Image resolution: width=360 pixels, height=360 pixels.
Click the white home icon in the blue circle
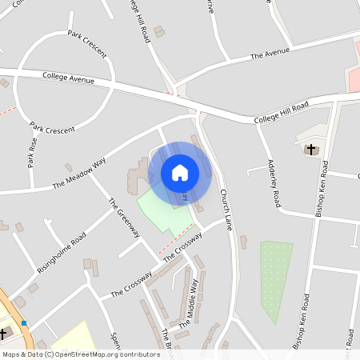[180, 173]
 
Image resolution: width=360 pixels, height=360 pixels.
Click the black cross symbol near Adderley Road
[311, 149]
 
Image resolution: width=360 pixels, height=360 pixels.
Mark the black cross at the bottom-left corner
[3, 334]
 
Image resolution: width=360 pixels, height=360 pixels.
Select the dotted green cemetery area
[276, 280]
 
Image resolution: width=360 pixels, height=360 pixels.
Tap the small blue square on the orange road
[26, 323]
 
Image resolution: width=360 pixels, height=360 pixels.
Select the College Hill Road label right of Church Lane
[282, 113]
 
